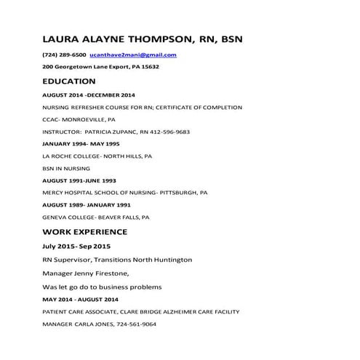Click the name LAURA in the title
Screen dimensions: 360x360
(63, 38)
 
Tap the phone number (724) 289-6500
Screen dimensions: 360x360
(65, 55)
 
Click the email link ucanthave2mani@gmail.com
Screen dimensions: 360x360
(133, 55)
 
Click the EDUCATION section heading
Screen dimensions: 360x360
(69, 81)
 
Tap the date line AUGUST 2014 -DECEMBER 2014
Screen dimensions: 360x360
(89, 95)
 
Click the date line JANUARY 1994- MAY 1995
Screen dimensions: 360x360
(82, 144)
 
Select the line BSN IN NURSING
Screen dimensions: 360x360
(67, 168)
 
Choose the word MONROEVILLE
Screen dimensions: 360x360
(85, 120)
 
